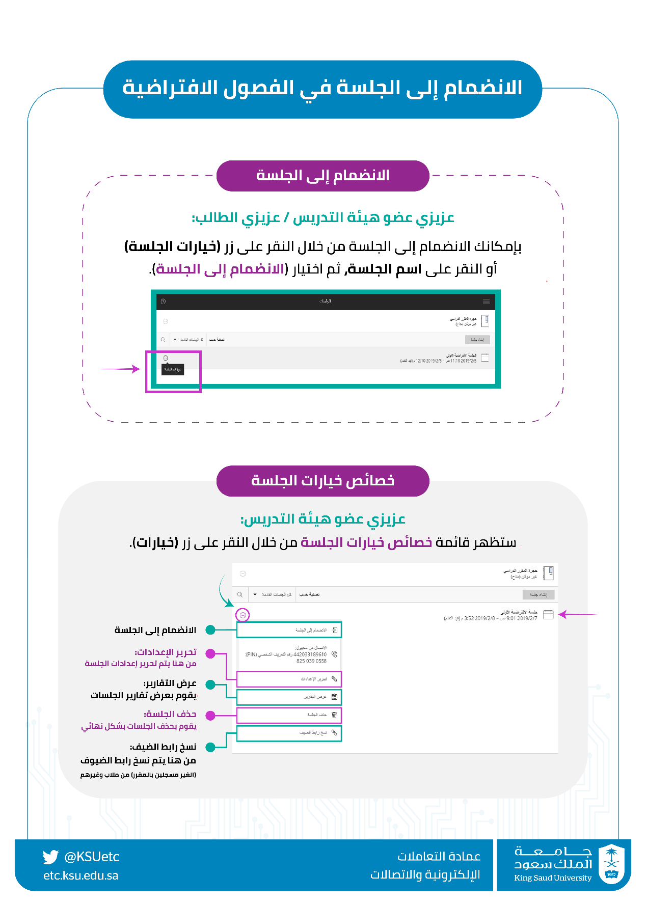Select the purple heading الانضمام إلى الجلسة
(322, 176)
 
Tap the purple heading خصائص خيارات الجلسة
(322, 481)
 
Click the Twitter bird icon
(50, 857)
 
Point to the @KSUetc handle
(92, 857)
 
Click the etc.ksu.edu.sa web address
(80, 875)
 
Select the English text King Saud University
(553, 878)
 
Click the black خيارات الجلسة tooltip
(173, 369)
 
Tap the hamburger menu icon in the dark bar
(486, 301)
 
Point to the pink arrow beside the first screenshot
(121, 369)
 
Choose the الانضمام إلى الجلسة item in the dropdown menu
(289, 630)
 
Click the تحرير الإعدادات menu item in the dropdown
(289, 679)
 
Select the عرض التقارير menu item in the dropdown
(289, 697)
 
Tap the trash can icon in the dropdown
(334, 715)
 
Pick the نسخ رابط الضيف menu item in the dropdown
(289, 733)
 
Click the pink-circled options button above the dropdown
(243, 615)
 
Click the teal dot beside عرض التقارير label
(210, 685)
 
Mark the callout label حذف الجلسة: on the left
(170, 714)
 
